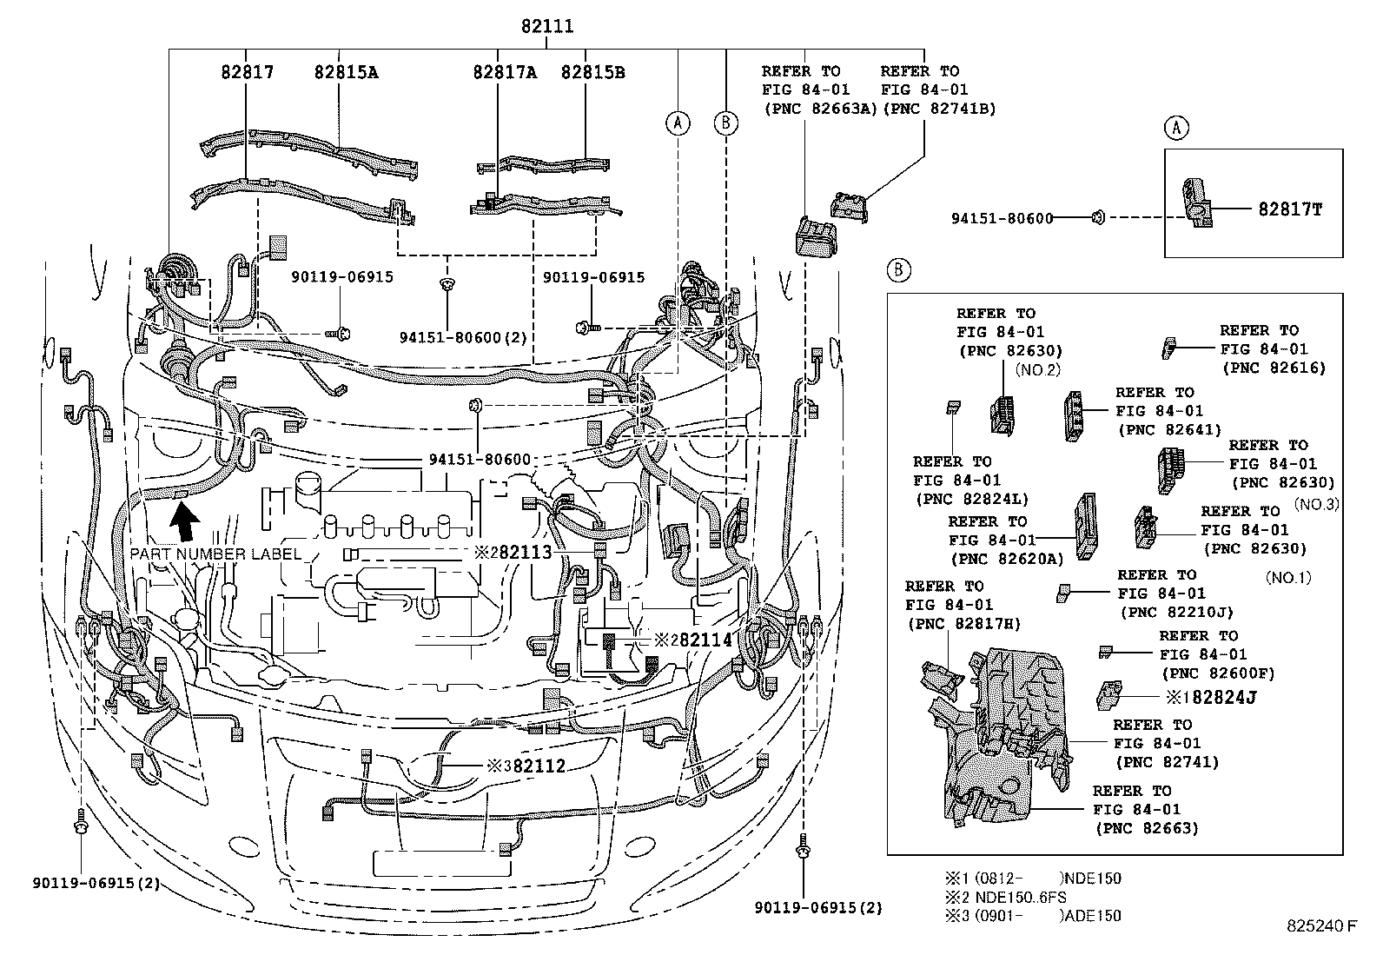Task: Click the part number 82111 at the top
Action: [x=547, y=26]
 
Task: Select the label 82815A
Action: [x=346, y=72]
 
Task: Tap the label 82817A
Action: [x=505, y=72]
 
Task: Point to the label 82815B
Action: [x=592, y=72]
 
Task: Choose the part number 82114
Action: [x=705, y=640]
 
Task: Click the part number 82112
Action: [x=539, y=766]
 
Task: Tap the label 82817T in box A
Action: [x=1289, y=209]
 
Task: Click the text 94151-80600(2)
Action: [x=464, y=337]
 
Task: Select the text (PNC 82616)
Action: [x=1274, y=368]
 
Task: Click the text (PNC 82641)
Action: [x=1169, y=429]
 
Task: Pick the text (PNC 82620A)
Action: [x=1006, y=559]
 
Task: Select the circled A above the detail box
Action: [x=1175, y=128]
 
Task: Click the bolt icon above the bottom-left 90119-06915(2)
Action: [x=80, y=821]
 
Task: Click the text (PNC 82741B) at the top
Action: [x=938, y=109]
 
